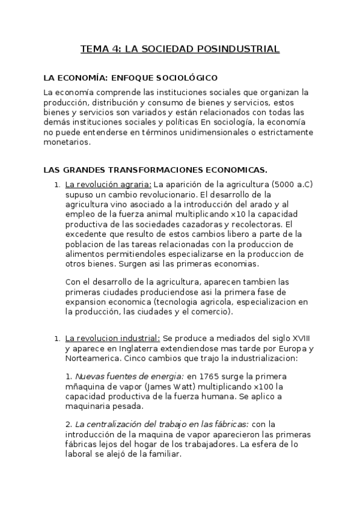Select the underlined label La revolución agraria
tap(108, 184)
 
